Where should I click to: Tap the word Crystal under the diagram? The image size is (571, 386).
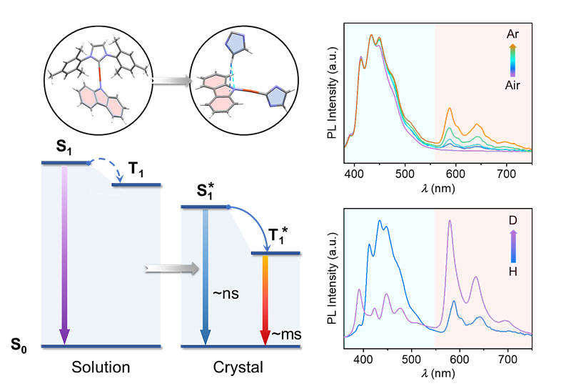tap(233, 369)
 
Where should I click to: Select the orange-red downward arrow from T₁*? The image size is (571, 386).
tap(265, 300)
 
